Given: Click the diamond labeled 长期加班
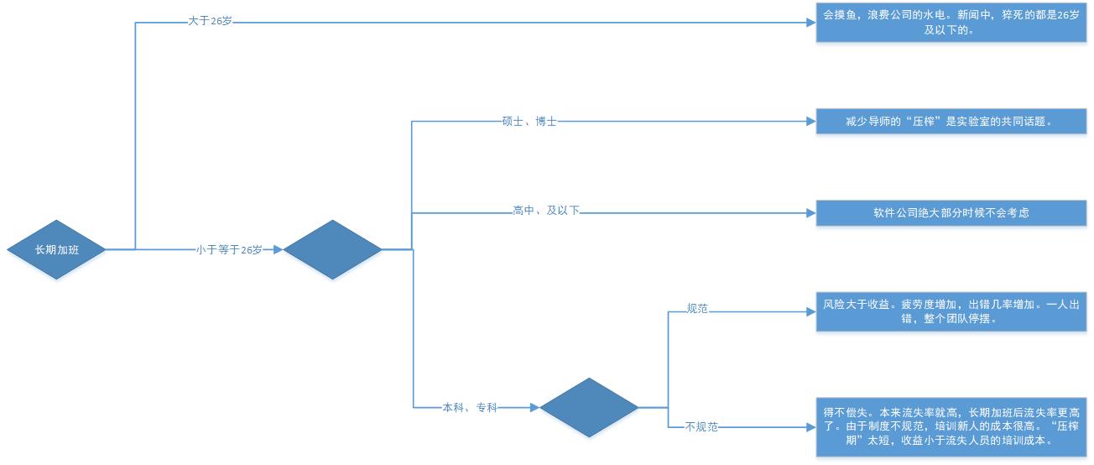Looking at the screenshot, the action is [57, 249].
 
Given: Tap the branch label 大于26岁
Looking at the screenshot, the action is [210, 21].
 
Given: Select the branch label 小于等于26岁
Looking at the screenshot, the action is [229, 249].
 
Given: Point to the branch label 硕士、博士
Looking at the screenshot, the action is [529, 122].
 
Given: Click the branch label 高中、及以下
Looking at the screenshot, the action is [546, 211].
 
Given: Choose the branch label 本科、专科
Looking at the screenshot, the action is [470, 408].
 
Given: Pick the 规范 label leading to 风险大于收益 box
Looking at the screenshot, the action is [697, 309].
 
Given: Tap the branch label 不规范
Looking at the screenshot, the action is [701, 427].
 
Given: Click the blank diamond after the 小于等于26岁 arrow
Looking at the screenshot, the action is [332, 249].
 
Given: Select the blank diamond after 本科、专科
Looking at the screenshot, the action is [589, 407].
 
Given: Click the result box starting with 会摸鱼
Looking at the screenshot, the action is [951, 23].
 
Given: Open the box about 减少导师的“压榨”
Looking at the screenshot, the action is [951, 122].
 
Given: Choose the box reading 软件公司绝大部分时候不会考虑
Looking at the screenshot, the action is [951, 213].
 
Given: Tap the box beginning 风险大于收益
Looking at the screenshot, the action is [951, 311].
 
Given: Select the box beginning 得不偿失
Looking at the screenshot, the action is [951, 426].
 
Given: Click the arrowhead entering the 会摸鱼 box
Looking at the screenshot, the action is [810, 23].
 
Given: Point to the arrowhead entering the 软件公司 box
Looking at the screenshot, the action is [810, 213].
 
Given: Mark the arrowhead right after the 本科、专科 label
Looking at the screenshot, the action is [534, 408].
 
